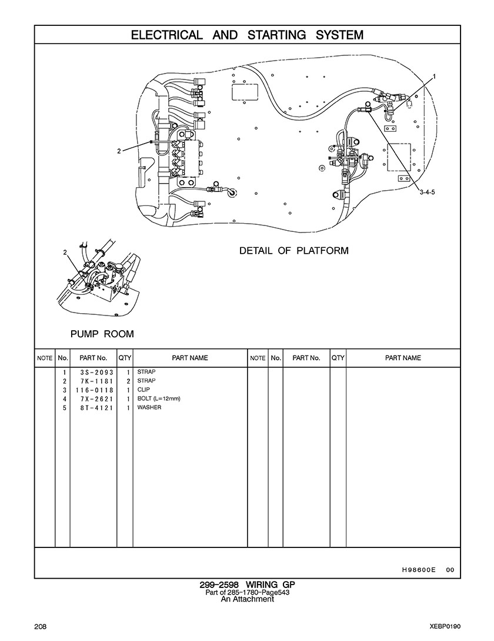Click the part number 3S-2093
pos(96,372)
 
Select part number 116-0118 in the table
pos(94,390)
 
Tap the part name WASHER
pos(149,407)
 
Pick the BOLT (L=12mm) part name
pos(159,398)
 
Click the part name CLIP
pos(143,390)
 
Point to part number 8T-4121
pos(96,407)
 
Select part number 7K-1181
pos(96,381)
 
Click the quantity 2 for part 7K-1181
pos(128,381)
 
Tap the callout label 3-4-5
pos(428,192)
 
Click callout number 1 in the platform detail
pos(435,76)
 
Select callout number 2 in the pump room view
pos(65,253)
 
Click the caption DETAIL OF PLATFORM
pos(294,250)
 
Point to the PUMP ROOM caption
pos(102,334)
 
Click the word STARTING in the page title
pos(276,35)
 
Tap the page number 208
pos(40,627)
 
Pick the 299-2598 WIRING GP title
pos(247,585)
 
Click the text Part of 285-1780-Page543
pos(247,592)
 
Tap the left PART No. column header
pos(93,358)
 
